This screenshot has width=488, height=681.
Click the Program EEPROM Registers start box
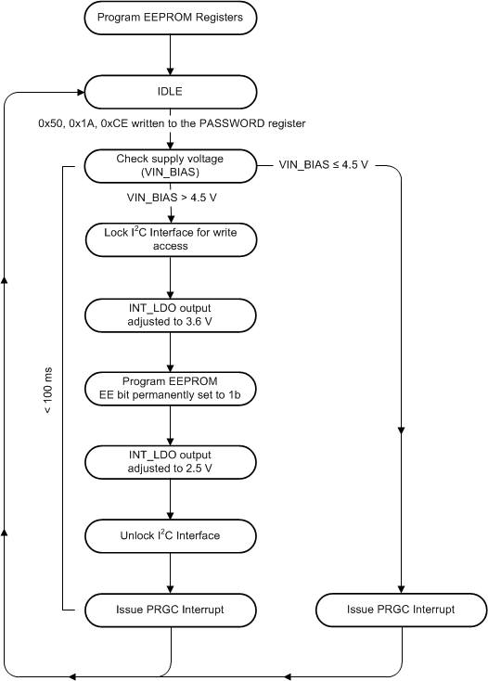pos(171,18)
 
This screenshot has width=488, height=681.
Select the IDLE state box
pos(171,92)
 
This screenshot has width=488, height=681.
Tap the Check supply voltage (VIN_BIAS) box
pos(171,165)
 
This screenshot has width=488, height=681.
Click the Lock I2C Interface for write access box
pos(171,239)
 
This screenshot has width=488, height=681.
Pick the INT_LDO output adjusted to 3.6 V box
pos(171,314)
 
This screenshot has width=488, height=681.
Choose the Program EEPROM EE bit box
pos(171,388)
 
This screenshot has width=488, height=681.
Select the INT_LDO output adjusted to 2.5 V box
pos(171,461)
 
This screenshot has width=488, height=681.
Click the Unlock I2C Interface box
pos(171,535)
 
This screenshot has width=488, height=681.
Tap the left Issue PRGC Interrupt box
pos(171,610)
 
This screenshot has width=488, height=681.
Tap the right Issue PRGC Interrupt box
pos(401,610)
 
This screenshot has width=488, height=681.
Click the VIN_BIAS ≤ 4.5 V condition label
pos(325,165)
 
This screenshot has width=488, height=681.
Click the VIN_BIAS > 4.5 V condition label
pos(171,198)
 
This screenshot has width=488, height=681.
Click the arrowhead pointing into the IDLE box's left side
pos(78,92)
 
